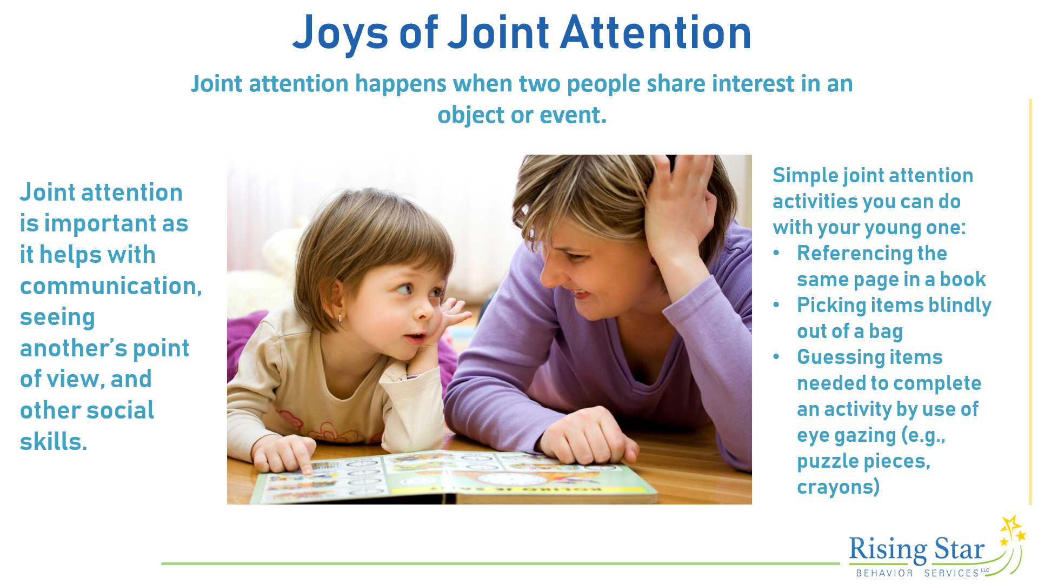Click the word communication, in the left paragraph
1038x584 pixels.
pos(111,286)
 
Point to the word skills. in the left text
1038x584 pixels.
pos(54,441)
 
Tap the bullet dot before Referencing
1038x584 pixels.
pos(776,253)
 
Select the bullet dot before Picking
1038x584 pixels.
pos(776,305)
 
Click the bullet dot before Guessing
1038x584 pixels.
pos(776,357)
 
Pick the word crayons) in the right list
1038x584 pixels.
pos(839,487)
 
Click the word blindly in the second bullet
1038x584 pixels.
pos(960,306)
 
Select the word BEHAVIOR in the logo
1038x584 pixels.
pos(884,573)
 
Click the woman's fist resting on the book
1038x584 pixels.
pos(587,438)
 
